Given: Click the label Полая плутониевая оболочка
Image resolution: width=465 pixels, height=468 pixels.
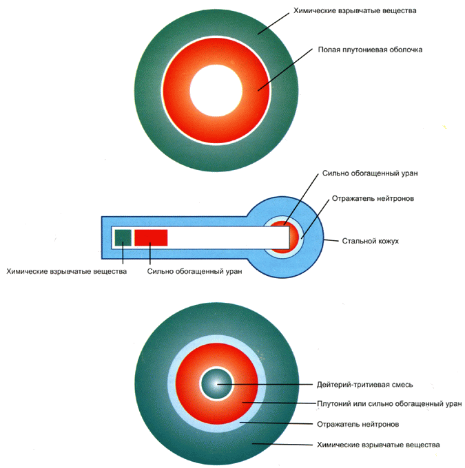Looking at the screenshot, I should tap(369, 50).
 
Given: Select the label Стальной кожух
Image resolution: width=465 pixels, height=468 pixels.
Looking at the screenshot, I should tap(371, 242).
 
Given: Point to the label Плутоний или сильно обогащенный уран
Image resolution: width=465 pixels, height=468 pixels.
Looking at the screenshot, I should tap(389, 403).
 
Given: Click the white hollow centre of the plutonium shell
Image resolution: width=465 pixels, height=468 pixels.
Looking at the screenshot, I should tap(217, 94).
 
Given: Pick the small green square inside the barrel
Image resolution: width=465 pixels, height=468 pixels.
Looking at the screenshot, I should tap(123, 237).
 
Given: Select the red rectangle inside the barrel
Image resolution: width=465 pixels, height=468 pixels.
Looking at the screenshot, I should tap(151, 237).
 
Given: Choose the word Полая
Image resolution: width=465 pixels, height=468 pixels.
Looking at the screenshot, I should tap(329, 50).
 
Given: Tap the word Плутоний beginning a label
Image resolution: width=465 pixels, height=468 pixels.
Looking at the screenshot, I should tap(333, 403).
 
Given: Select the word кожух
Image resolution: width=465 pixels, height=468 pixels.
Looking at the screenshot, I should tap(388, 242).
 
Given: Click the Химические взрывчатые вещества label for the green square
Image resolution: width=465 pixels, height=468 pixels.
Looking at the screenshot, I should tap(66, 271).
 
